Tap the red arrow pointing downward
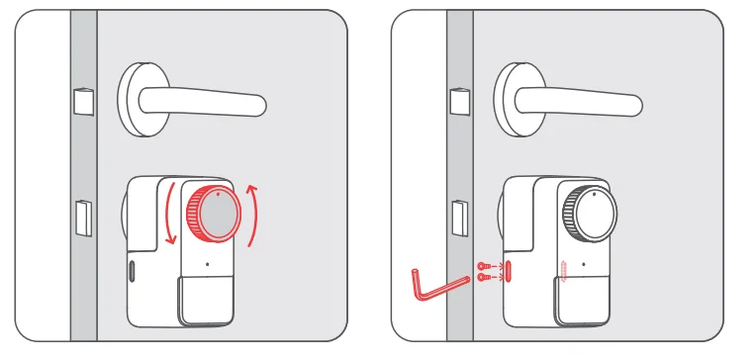click(169, 213)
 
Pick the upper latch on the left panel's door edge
click(81, 101)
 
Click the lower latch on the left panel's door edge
click(83, 218)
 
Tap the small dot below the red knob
click(207, 265)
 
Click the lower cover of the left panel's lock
click(205, 300)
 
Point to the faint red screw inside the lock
click(562, 271)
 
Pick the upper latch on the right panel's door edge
click(458, 101)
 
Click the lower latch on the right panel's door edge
click(460, 218)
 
